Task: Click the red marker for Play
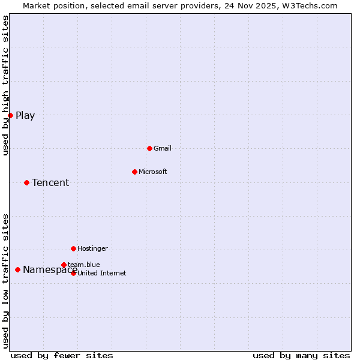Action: click(10, 115)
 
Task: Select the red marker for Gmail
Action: click(149, 148)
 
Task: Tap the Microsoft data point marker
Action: click(134, 172)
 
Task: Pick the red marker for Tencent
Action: click(26, 182)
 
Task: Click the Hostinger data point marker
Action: click(73, 248)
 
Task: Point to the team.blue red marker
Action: click(64, 265)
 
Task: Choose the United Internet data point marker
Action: click(73, 273)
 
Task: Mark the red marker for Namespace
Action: click(17, 270)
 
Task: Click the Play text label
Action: click(25, 116)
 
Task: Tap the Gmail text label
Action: click(163, 148)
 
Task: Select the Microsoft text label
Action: click(153, 172)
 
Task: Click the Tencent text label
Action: click(50, 183)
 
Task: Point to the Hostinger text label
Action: click(92, 248)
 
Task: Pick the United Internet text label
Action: click(102, 274)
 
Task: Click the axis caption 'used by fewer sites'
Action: click(62, 355)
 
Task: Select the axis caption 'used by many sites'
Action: click(301, 355)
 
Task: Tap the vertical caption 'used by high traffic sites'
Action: click(6, 85)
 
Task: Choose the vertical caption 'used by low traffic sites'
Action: click(6, 281)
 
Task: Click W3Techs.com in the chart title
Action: click(310, 6)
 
